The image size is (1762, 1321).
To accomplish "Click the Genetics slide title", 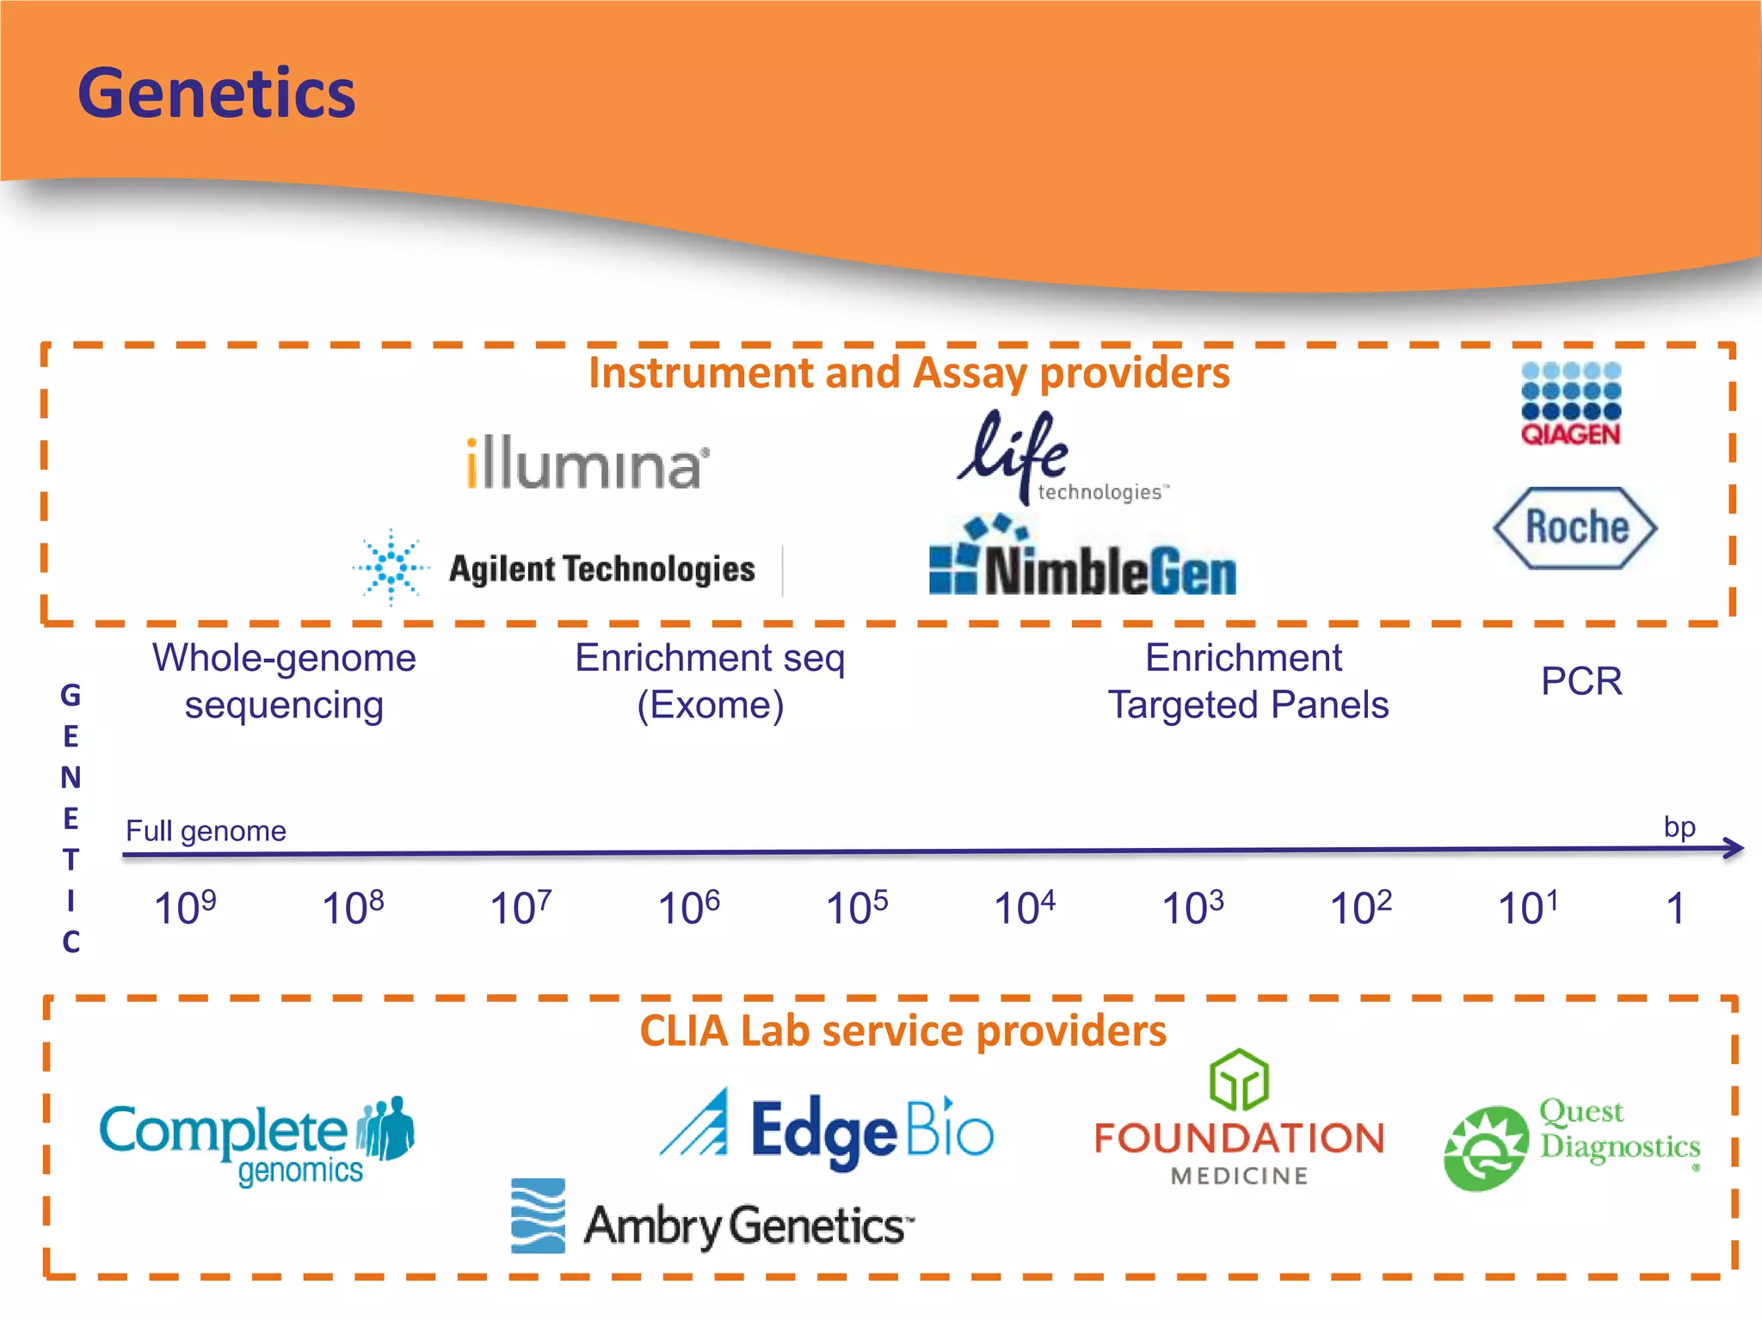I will [216, 93].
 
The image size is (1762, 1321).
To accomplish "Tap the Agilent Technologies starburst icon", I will [391, 568].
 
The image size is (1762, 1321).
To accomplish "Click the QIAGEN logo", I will [1571, 404].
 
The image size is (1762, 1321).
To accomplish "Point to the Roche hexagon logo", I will [1575, 527].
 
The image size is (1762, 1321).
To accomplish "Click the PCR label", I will [1581, 681].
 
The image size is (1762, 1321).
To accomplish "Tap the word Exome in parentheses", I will [711, 705].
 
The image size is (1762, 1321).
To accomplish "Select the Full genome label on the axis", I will [206, 831].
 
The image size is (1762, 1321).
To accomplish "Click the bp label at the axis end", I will [1679, 826].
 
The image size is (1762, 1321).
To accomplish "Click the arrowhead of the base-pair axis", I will [1734, 849].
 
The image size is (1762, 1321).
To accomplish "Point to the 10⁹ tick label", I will [185, 907].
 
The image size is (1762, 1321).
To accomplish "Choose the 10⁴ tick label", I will [1024, 907].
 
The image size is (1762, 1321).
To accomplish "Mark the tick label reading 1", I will [1674, 908].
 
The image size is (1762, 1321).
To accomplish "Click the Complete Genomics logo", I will [256, 1140].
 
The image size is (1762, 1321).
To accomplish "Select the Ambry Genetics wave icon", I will [538, 1215].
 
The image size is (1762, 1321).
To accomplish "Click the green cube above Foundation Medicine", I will [1239, 1080].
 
